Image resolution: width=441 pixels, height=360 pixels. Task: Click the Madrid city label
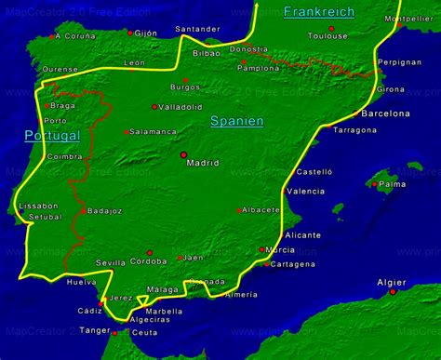(203, 163)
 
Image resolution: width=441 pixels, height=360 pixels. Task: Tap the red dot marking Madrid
(183, 153)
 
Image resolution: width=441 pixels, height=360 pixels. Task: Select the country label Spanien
(236, 121)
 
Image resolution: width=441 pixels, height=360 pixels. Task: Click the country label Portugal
(53, 135)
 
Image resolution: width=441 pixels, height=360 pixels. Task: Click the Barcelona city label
(385, 113)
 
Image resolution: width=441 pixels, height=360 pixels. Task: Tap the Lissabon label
(37, 205)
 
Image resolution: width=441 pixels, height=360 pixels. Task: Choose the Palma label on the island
(394, 184)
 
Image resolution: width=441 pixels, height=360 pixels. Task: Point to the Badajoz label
(105, 211)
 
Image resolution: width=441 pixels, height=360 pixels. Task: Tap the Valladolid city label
(180, 107)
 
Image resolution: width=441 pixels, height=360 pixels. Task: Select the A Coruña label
(75, 36)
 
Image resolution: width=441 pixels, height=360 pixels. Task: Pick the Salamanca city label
(154, 132)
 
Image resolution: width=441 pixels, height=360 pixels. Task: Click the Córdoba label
(149, 262)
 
